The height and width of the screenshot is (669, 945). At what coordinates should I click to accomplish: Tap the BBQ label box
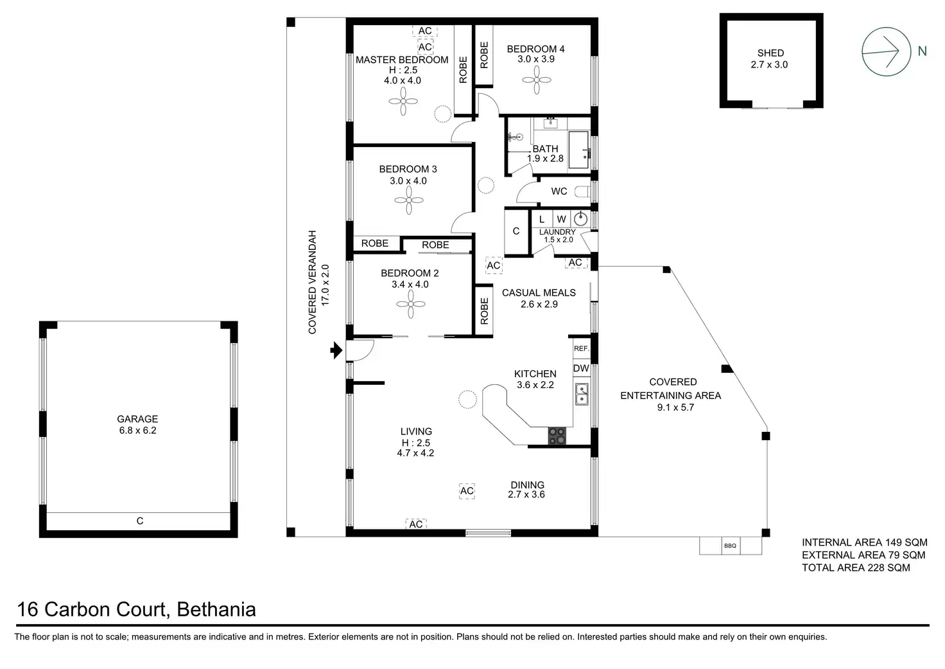pyautogui.click(x=730, y=546)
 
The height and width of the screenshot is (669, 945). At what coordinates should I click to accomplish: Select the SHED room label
pyautogui.click(x=770, y=53)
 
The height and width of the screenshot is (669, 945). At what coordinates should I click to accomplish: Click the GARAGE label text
pyautogui.click(x=137, y=419)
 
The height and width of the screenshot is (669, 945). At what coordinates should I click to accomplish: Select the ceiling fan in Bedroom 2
pyautogui.click(x=411, y=304)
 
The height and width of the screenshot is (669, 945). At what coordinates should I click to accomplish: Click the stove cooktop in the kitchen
pyautogui.click(x=557, y=436)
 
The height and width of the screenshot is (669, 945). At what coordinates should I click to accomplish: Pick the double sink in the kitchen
pyautogui.click(x=582, y=394)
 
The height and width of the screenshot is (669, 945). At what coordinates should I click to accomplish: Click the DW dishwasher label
pyautogui.click(x=581, y=368)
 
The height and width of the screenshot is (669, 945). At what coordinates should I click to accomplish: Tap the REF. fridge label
pyautogui.click(x=581, y=348)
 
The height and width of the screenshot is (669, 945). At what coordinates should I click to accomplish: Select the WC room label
pyautogui.click(x=559, y=191)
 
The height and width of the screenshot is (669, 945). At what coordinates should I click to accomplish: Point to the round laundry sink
pyautogui.click(x=580, y=219)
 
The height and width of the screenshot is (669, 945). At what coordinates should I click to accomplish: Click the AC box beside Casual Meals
pyautogui.click(x=493, y=265)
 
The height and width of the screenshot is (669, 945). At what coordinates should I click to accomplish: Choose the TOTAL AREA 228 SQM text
pyautogui.click(x=856, y=567)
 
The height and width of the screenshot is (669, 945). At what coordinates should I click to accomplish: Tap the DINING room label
pyautogui.click(x=527, y=485)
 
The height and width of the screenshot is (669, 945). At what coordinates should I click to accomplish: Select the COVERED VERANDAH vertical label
pyautogui.click(x=313, y=282)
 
